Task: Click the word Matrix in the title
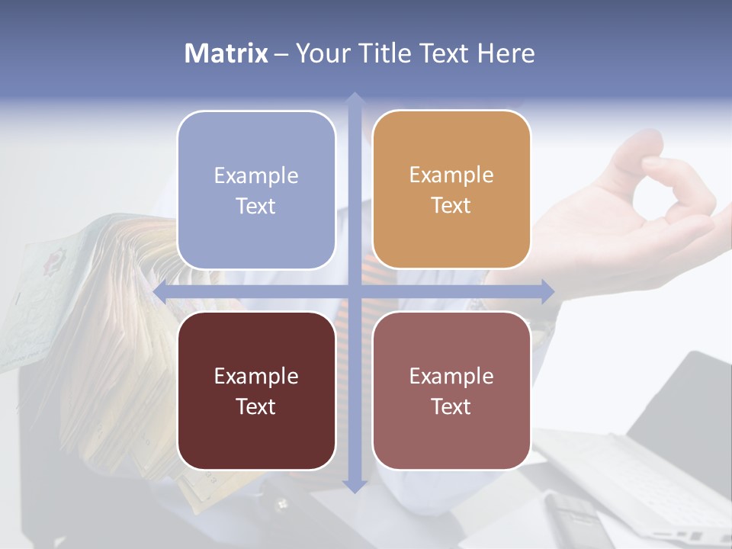(226, 53)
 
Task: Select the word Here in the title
(506, 53)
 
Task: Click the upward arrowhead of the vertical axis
(354, 98)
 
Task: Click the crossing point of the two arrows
(354, 291)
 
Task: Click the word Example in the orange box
(451, 175)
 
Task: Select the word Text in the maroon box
(255, 406)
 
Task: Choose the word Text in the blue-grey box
(255, 207)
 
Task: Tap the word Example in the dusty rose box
(451, 375)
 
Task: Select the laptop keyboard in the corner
(656, 480)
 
